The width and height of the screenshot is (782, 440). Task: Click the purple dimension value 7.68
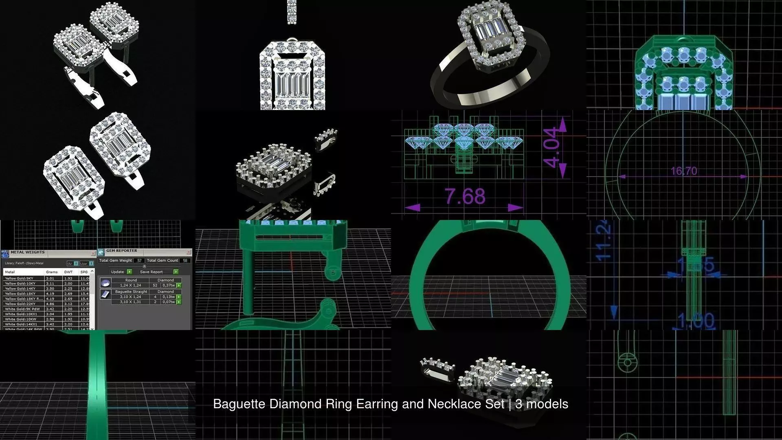tap(465, 196)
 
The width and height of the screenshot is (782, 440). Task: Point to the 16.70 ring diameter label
tap(684, 171)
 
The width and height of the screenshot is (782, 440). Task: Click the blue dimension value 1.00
tap(696, 321)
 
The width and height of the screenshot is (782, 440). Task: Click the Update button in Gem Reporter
tap(118, 272)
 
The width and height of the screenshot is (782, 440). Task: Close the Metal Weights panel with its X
tap(93, 253)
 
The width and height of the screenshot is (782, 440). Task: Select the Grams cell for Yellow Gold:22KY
tap(50, 304)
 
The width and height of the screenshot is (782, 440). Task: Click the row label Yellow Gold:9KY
tap(19, 278)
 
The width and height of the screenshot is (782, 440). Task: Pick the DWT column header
tap(68, 272)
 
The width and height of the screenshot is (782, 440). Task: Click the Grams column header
tap(52, 272)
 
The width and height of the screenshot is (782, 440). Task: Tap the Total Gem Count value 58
tap(185, 260)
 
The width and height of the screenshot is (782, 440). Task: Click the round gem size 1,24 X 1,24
tap(130, 285)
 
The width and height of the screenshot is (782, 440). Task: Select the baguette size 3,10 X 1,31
tap(130, 302)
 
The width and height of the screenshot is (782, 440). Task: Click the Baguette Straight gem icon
tap(105, 294)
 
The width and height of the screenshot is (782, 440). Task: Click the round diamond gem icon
tap(105, 282)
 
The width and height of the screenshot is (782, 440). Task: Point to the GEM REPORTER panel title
tap(121, 251)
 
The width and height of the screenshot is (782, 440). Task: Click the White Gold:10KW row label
tap(20, 319)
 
